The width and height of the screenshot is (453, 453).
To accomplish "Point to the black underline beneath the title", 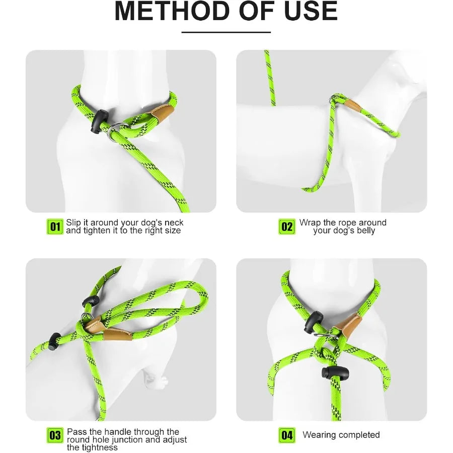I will pyautogui.click(x=226, y=32).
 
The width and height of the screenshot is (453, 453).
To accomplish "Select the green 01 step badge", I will pyautogui.click(x=55, y=226).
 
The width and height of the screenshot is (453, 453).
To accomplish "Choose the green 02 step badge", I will pyautogui.click(x=287, y=226).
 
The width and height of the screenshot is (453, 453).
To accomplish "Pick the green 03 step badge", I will pyautogui.click(x=55, y=435).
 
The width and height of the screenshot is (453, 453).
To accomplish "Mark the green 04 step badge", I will pyautogui.click(x=287, y=435).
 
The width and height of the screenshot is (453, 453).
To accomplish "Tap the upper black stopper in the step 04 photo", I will pyautogui.click(x=313, y=322).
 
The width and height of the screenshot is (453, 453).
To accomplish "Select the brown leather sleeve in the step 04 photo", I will pyautogui.click(x=348, y=325).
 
